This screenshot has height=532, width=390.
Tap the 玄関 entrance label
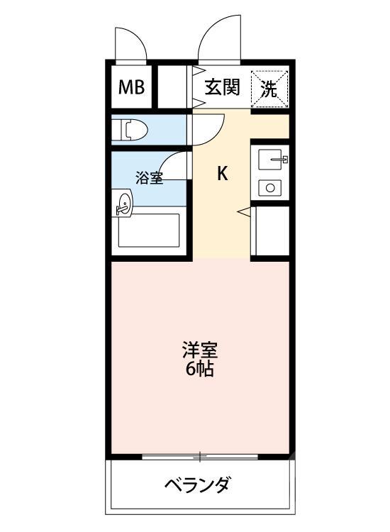tap(223, 88)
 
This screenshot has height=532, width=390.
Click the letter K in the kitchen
tap(222, 173)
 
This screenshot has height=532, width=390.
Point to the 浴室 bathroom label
tap(150, 177)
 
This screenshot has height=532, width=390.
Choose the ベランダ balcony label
tap(198, 487)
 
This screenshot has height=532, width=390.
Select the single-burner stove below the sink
tap(269, 187)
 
